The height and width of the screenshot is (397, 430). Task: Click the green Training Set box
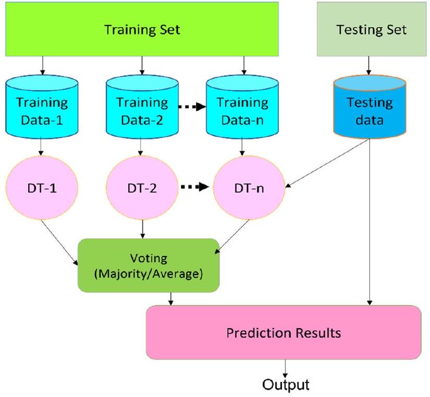coord(142,29)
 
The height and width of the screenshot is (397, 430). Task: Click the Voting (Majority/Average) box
coord(149,265)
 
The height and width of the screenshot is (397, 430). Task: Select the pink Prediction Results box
coord(283,332)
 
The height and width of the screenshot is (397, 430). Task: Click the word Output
coord(285,386)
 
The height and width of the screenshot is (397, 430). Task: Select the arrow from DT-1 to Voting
coord(58,237)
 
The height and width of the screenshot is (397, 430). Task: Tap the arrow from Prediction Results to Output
coord(285,367)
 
